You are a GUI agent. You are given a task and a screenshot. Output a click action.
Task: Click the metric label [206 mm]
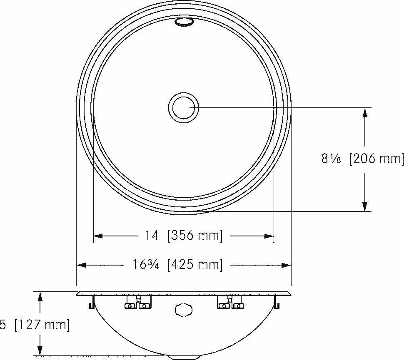point(376,159)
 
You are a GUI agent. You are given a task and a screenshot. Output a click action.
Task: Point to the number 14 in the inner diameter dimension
point(152,236)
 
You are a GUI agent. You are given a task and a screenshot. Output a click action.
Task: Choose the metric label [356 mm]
point(195,236)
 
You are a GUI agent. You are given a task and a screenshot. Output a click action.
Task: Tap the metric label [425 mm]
point(195,265)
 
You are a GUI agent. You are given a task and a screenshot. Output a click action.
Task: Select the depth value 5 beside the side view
point(3,325)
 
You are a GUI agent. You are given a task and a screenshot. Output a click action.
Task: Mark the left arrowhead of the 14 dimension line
point(97,236)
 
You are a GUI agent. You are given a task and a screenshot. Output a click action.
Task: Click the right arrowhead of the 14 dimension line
point(270,236)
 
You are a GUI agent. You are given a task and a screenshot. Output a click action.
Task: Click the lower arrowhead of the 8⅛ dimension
point(365,207)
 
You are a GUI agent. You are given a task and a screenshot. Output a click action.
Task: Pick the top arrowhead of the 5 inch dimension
point(40,296)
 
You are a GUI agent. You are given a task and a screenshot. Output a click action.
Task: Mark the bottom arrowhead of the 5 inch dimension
point(40,352)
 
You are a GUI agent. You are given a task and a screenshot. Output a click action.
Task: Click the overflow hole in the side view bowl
point(183,310)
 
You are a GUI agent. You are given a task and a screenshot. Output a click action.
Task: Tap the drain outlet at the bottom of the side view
point(183,357)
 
